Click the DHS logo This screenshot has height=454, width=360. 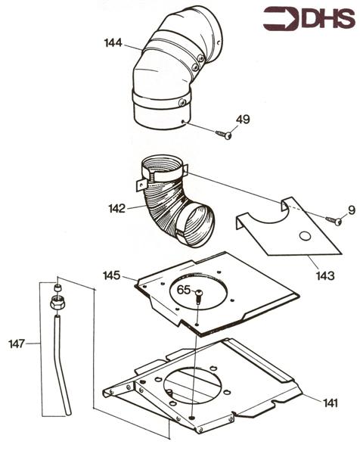309,18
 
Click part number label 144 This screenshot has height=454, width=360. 113,43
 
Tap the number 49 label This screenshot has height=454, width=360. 243,120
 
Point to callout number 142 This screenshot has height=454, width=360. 117,209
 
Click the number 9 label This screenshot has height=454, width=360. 352,210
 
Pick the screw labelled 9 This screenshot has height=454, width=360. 334,221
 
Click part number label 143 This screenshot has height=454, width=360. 325,275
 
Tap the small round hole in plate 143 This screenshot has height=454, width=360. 305,236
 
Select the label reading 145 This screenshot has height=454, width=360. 111,275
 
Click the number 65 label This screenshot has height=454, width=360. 184,290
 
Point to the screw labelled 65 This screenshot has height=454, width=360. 199,297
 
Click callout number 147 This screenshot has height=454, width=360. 17,344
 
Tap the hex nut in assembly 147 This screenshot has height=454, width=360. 58,303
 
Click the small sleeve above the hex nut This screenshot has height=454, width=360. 58,288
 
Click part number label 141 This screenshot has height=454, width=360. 331,403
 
